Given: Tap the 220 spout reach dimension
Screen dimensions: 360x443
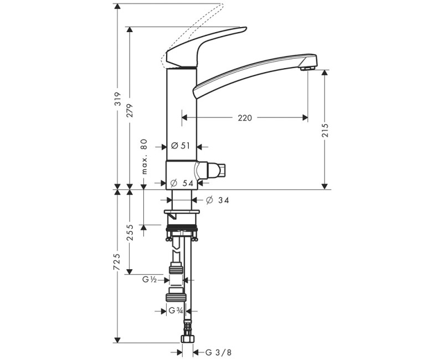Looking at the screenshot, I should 245,117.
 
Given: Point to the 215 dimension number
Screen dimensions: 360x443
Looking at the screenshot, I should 325,130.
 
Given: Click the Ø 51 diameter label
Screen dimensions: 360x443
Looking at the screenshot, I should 181,146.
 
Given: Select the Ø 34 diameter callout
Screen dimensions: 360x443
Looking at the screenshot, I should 217,200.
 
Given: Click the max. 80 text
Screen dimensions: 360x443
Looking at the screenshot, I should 143,157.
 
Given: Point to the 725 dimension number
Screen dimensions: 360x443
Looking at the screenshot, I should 117,263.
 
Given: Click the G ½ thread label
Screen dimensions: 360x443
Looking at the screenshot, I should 149,280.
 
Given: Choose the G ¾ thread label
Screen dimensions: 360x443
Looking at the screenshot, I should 176,311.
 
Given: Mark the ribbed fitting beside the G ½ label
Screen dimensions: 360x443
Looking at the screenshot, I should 176,270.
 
